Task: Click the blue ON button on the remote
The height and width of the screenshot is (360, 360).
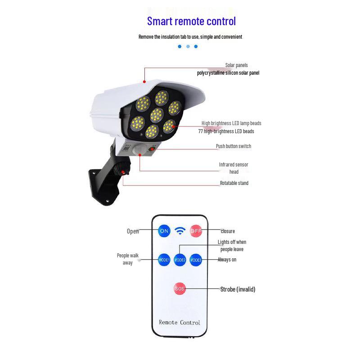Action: click(164, 231)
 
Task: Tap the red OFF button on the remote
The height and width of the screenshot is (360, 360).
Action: click(196, 231)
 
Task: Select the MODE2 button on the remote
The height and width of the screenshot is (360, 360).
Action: click(180, 260)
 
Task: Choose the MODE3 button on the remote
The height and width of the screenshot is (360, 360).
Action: click(196, 260)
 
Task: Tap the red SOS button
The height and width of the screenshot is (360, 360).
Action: click(180, 288)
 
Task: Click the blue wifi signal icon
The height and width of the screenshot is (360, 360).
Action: click(180, 231)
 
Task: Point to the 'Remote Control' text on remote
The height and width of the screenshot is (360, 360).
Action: click(179, 322)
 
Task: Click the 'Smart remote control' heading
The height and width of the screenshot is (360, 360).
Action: click(191, 21)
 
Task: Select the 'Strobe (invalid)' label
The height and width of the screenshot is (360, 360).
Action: click(238, 289)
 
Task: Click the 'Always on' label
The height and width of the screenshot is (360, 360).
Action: click(227, 260)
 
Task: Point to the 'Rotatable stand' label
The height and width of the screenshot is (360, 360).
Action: click(234, 183)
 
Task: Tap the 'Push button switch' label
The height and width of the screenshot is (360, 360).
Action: click(234, 146)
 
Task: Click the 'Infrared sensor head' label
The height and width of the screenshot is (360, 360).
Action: click(234, 168)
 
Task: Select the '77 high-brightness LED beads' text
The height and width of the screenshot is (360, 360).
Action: click(226, 131)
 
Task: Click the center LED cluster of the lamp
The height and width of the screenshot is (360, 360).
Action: click(157, 115)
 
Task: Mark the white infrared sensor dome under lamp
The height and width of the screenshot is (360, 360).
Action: click(140, 149)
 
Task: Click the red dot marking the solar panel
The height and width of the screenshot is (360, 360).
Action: click(144, 82)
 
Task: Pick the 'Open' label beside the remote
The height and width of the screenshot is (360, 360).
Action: click(133, 231)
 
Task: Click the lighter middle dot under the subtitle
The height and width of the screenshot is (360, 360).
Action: click(188, 46)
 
